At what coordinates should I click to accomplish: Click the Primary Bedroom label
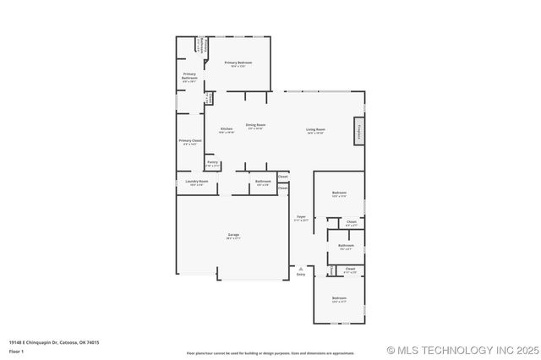pyautogui.click(x=238, y=63)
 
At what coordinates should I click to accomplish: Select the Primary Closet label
pyautogui.click(x=190, y=142)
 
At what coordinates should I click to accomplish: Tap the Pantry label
pyautogui.click(x=212, y=163)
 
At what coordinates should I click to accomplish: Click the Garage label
pyautogui.click(x=233, y=236)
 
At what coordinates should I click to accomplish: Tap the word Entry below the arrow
pyautogui.click(x=301, y=275)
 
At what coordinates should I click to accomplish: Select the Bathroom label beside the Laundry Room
pyautogui.click(x=264, y=183)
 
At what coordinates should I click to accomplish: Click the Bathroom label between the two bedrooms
pyautogui.click(x=346, y=247)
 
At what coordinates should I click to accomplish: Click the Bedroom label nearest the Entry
pyautogui.click(x=339, y=299)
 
